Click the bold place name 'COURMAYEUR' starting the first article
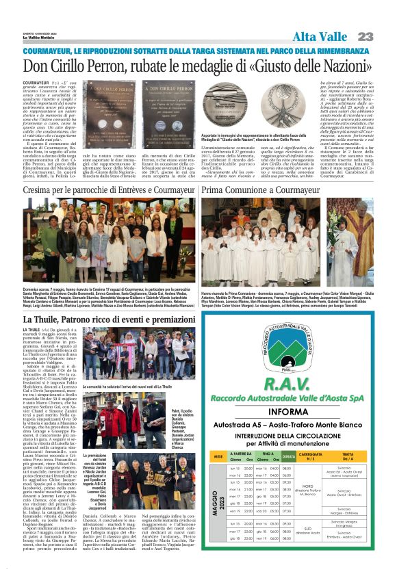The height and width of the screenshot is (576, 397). (36, 81)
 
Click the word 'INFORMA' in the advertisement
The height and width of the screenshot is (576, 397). (287, 412)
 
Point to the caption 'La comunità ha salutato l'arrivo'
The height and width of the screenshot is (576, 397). (126, 387)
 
